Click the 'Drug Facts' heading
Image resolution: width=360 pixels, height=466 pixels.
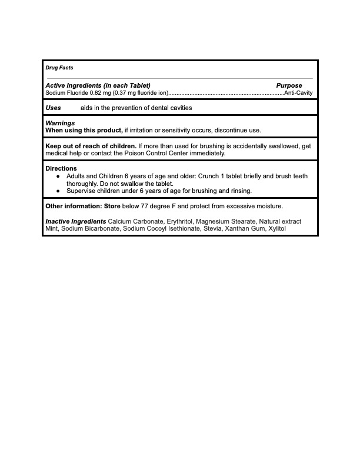coord(59,68)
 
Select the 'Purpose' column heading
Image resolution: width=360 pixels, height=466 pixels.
coord(289,86)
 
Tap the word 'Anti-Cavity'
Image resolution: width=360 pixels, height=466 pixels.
coord(298,93)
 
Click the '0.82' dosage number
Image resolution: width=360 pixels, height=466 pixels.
coord(95,93)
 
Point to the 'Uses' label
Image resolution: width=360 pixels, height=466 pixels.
coord(54,108)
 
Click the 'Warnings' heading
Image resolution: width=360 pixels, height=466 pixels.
coord(60,123)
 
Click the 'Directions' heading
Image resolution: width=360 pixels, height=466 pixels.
coord(61,169)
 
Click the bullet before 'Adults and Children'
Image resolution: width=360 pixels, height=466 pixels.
coord(58,176)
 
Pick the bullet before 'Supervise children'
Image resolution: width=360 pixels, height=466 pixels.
coord(58,191)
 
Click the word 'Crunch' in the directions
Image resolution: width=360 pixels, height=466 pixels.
coord(212,176)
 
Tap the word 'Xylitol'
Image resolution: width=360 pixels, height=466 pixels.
coord(276,228)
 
